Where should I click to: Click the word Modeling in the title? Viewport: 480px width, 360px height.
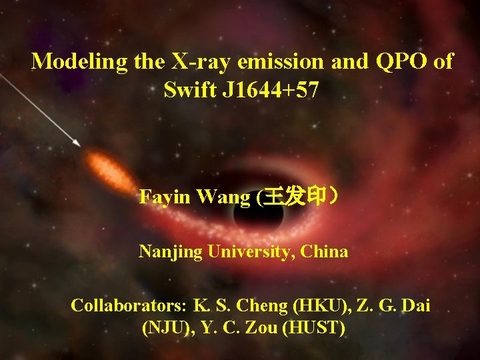point(80,61)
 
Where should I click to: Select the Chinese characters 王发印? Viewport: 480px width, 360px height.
point(294,197)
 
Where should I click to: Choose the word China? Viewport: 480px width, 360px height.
point(324,252)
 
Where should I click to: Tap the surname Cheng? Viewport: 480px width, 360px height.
point(265,306)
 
